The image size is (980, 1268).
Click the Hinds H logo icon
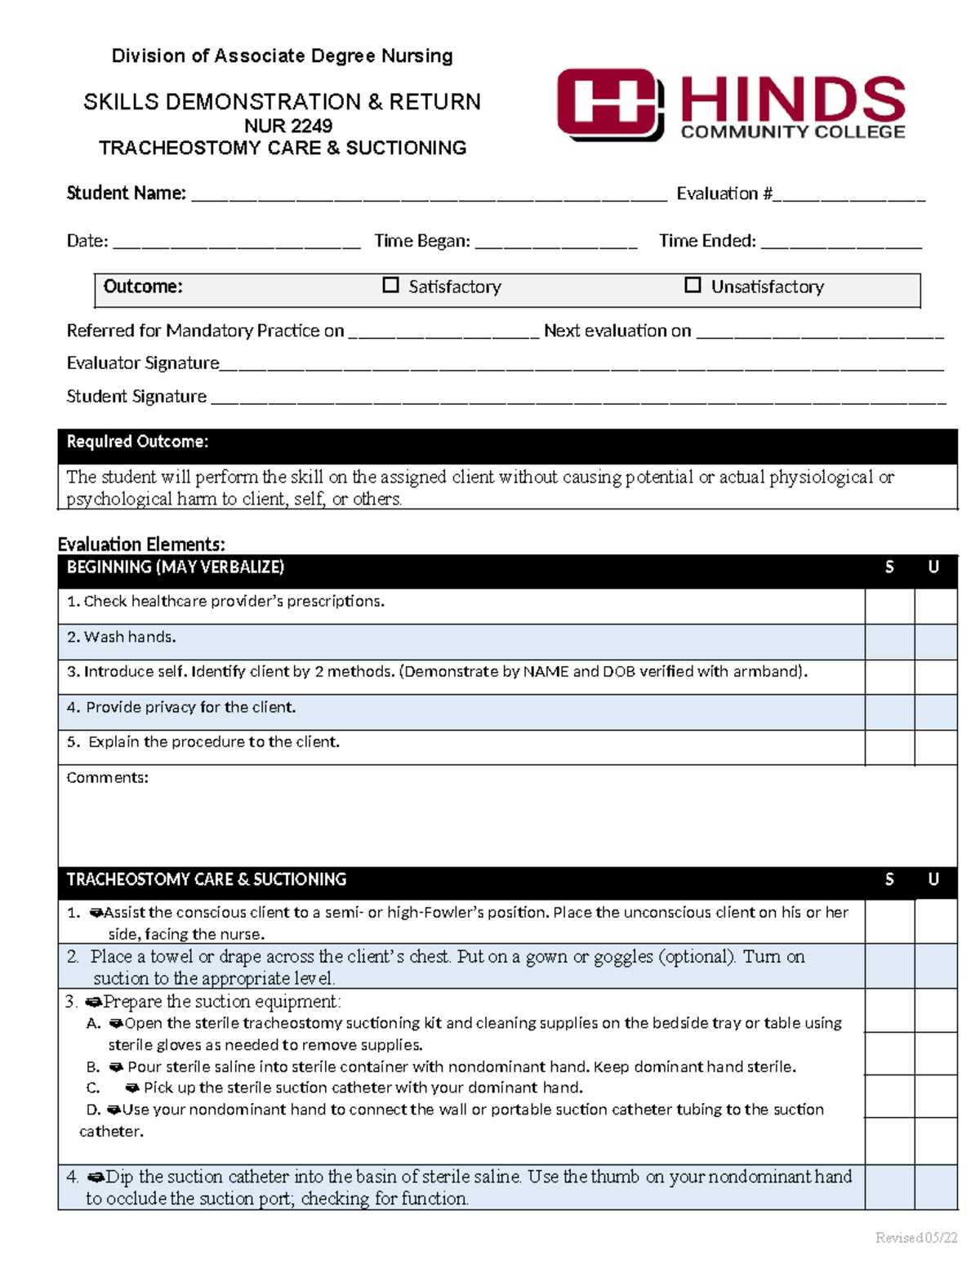pos(609,105)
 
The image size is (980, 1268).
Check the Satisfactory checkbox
pos(391,285)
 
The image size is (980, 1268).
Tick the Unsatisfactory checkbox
pos(693,285)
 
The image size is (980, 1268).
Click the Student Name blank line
pos(429,195)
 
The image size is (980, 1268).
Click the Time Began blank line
pos(555,242)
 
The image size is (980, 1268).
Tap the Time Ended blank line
pos(840,242)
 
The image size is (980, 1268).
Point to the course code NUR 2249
pos(288,126)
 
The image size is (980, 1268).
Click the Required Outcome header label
pos(137,442)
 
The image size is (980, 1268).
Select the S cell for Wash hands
pos(889,642)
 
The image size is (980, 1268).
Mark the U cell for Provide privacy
pos(935,712)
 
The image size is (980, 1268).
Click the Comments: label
pos(107,778)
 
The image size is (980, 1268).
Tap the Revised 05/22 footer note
pos(915,1238)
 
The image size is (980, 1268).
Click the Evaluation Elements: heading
pos(141,544)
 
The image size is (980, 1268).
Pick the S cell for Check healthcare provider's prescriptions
pos(889,606)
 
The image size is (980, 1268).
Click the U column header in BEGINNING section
pos(933,567)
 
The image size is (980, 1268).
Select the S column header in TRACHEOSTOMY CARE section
pos(889,879)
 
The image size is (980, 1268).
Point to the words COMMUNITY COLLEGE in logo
pos(792,132)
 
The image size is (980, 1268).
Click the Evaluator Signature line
pos(581,365)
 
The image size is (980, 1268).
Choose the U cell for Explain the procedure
pos(935,747)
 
